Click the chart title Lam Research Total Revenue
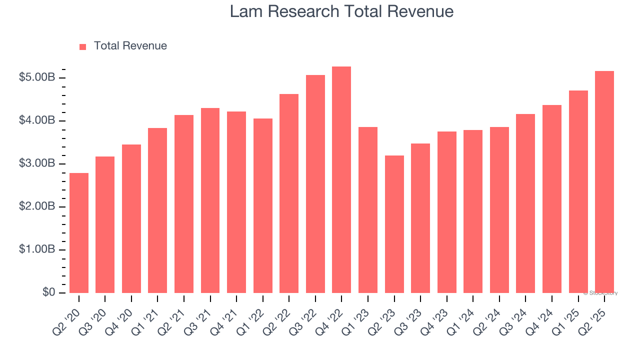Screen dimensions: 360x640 click(x=341, y=11)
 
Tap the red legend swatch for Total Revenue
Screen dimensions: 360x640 click(x=83, y=46)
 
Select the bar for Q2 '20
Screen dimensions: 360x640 click(x=79, y=233)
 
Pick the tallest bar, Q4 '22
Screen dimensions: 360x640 click(x=341, y=180)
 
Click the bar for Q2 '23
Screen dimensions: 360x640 click(x=394, y=224)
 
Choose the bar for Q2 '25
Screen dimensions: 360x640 click(x=604, y=182)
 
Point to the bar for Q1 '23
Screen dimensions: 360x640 click(x=368, y=210)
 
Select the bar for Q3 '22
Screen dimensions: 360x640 click(x=315, y=184)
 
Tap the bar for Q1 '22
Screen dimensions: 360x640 click(x=263, y=205)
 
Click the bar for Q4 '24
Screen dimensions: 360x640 click(x=551, y=199)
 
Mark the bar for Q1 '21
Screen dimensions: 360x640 click(x=157, y=210)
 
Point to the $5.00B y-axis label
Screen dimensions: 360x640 click(x=37, y=77)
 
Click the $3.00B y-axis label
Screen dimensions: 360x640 click(x=37, y=163)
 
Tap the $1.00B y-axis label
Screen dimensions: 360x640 click(x=37, y=249)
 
